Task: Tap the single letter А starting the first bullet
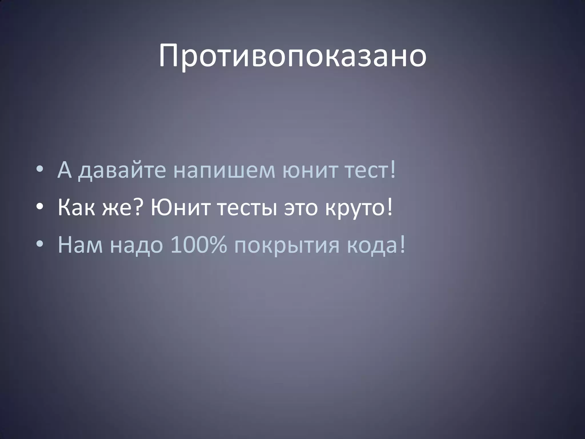coord(64,170)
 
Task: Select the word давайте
coord(122,171)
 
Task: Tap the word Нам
coord(80,245)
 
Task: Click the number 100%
coord(199,245)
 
